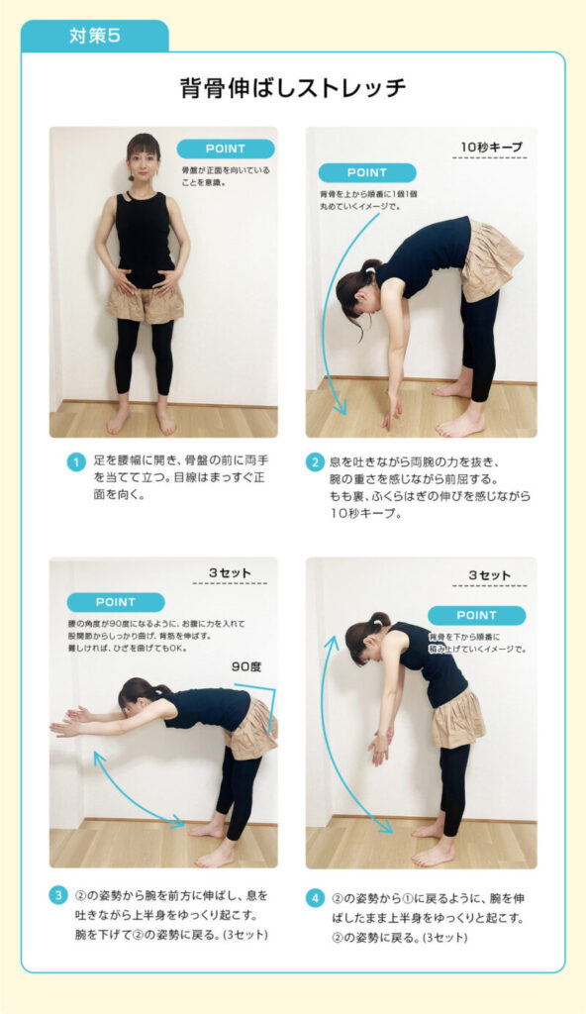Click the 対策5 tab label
[x=94, y=36]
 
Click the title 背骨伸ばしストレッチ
[x=293, y=87]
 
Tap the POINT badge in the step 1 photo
[x=225, y=150]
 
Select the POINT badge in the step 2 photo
[x=366, y=172]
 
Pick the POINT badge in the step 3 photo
[x=116, y=602]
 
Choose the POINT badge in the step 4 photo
[x=477, y=615]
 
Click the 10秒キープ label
[x=491, y=147]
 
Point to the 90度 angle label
[x=246, y=666]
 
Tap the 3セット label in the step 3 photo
[x=230, y=573]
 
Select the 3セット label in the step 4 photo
[x=490, y=575]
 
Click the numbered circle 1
[x=76, y=462]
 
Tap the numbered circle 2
[x=315, y=462]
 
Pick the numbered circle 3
[x=58, y=895]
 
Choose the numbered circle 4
[x=315, y=898]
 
